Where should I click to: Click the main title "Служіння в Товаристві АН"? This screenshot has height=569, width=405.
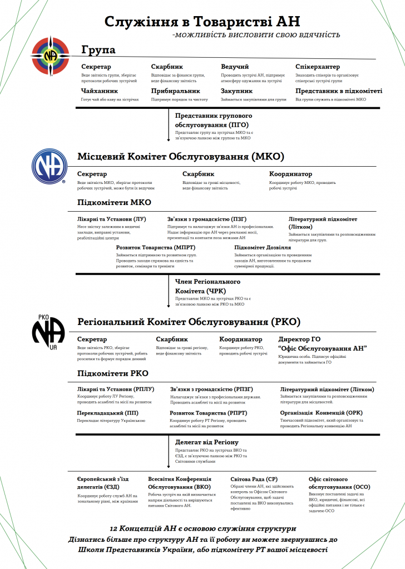pyautogui.click(x=202, y=22)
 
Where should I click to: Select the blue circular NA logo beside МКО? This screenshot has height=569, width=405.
pyautogui.click(x=48, y=166)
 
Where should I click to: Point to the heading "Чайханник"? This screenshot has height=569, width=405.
pyautogui.click(x=99, y=91)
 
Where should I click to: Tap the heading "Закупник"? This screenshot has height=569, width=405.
pyautogui.click(x=236, y=91)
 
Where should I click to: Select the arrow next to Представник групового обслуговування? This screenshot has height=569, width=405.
pyautogui.click(x=168, y=126)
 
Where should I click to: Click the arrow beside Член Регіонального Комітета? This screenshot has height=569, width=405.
pyautogui.click(x=168, y=292)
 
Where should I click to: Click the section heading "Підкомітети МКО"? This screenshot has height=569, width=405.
pyautogui.click(x=114, y=202)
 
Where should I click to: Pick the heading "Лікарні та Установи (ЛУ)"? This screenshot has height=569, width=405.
pyautogui.click(x=111, y=219)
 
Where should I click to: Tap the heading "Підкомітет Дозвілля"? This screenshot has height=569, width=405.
pyautogui.click(x=263, y=247)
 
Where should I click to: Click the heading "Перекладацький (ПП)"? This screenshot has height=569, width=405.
pyautogui.click(x=108, y=413)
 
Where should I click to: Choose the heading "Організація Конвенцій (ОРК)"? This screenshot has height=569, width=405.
pyautogui.click(x=321, y=413)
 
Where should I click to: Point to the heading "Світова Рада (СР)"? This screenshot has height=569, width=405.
pyautogui.click(x=253, y=479)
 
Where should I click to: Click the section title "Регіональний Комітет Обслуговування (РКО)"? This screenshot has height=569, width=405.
pyautogui.click(x=189, y=322)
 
